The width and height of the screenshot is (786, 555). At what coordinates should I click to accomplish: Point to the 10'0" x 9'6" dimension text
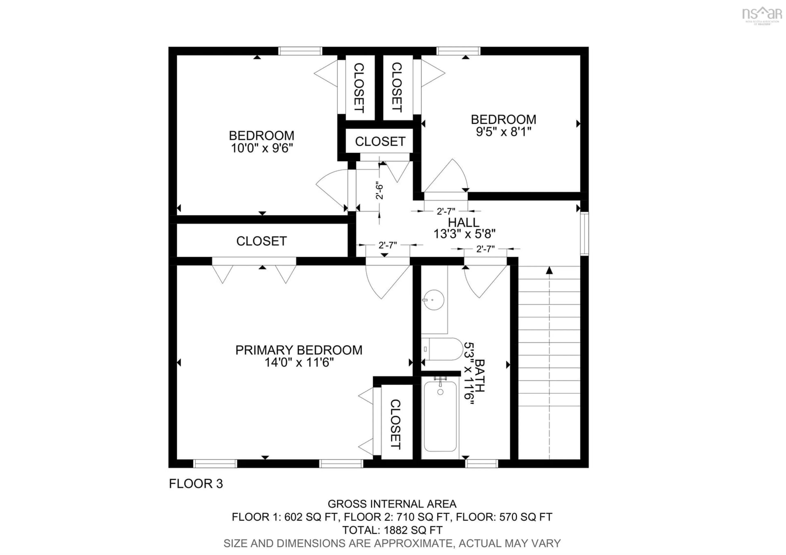point(262,148)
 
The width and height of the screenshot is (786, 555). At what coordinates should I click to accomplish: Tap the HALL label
point(464,222)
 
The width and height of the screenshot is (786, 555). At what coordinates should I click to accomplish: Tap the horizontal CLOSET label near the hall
point(380,141)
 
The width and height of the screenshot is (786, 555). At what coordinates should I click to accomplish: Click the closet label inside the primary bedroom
point(395,424)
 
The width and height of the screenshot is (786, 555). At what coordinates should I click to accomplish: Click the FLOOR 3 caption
point(196,484)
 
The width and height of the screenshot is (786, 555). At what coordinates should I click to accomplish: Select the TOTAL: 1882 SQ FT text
point(392,530)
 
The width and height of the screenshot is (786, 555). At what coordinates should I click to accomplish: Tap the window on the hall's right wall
point(584,234)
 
